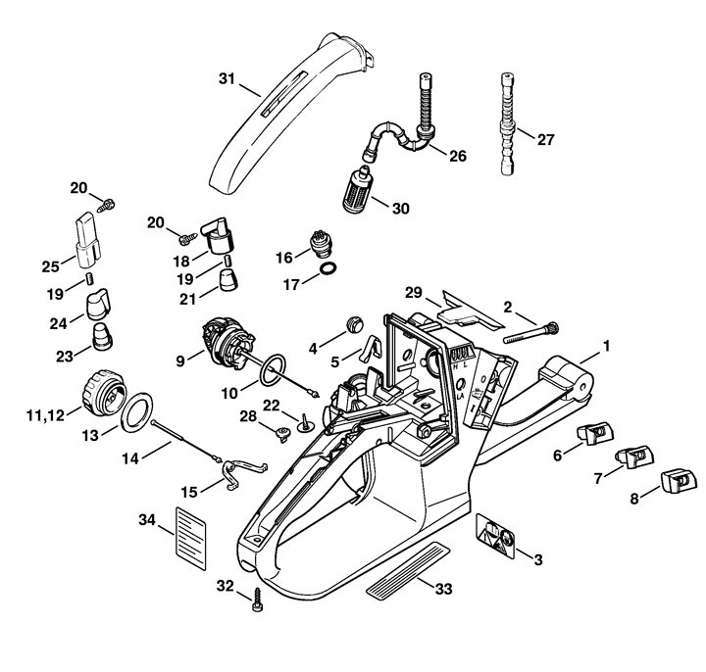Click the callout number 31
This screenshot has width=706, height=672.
227,79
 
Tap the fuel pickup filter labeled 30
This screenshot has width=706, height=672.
357,190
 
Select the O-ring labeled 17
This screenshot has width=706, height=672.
328,269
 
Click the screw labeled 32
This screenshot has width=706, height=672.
258,600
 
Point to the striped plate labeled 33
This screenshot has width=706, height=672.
408,570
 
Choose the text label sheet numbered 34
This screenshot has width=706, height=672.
191,539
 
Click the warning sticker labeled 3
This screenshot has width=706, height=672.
495,536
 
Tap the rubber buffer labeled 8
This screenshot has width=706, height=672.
679,481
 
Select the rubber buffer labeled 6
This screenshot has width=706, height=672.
595,435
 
